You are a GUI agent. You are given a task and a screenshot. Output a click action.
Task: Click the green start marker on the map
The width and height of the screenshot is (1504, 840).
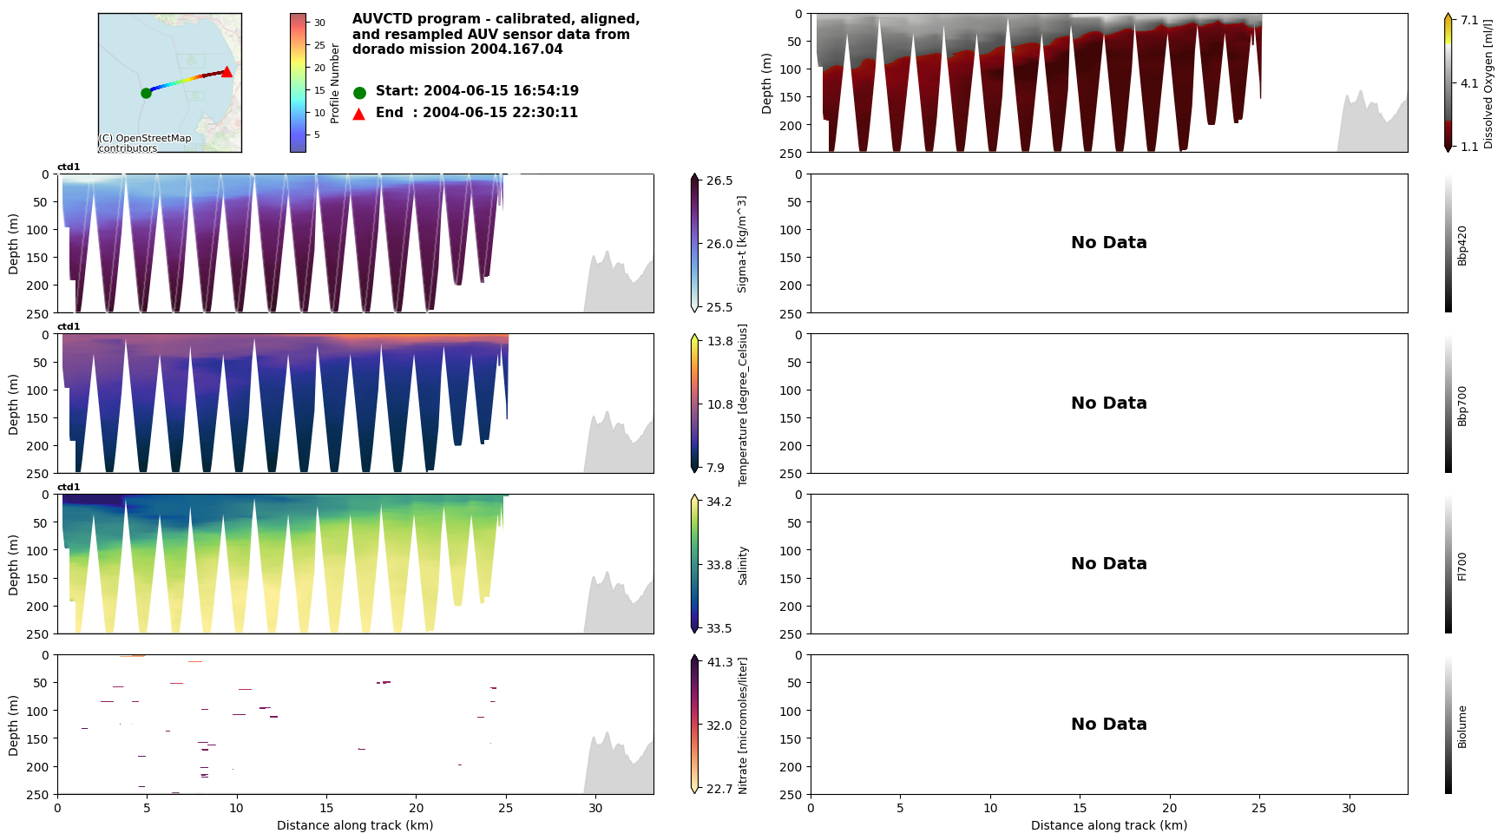coord(146,93)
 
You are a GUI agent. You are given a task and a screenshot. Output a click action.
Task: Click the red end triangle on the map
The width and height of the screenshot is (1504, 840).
coord(227,72)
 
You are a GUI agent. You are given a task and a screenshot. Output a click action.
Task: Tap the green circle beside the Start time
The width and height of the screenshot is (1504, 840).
coord(359,92)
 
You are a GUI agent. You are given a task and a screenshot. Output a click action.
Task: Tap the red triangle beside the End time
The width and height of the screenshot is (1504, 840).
coord(359,114)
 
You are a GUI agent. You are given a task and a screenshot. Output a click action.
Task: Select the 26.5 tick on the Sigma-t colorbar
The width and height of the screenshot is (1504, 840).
coord(719,180)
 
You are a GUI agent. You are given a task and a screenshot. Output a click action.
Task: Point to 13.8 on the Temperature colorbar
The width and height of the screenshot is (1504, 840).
coord(719,341)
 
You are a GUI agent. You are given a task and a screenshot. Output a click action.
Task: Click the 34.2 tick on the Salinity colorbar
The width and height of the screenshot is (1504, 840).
coord(719,502)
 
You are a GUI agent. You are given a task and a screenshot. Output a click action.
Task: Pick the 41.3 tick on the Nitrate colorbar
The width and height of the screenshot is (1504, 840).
coord(719,662)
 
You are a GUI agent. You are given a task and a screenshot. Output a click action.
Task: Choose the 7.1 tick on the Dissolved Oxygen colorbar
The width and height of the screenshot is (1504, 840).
coord(1469,20)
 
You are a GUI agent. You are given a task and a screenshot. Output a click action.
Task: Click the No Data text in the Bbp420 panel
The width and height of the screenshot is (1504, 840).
coord(1108,243)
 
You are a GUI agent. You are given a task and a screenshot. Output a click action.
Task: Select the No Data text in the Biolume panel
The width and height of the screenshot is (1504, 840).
coord(1108,725)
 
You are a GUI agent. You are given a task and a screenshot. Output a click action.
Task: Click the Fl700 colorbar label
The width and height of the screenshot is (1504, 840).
coord(1462,566)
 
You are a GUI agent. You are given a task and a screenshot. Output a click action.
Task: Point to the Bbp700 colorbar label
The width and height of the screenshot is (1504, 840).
coord(1462,405)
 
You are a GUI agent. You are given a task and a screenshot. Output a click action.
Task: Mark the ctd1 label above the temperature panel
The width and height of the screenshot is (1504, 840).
coord(69,327)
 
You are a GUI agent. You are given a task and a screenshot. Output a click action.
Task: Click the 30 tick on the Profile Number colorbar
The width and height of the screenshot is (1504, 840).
coord(319,23)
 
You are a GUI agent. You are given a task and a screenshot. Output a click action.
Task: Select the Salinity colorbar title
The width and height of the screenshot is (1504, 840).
coord(743,566)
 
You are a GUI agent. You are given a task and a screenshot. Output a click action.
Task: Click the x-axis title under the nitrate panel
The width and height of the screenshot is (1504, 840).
coord(355,825)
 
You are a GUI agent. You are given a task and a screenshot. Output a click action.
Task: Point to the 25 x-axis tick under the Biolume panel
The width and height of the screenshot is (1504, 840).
coord(1258,808)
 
